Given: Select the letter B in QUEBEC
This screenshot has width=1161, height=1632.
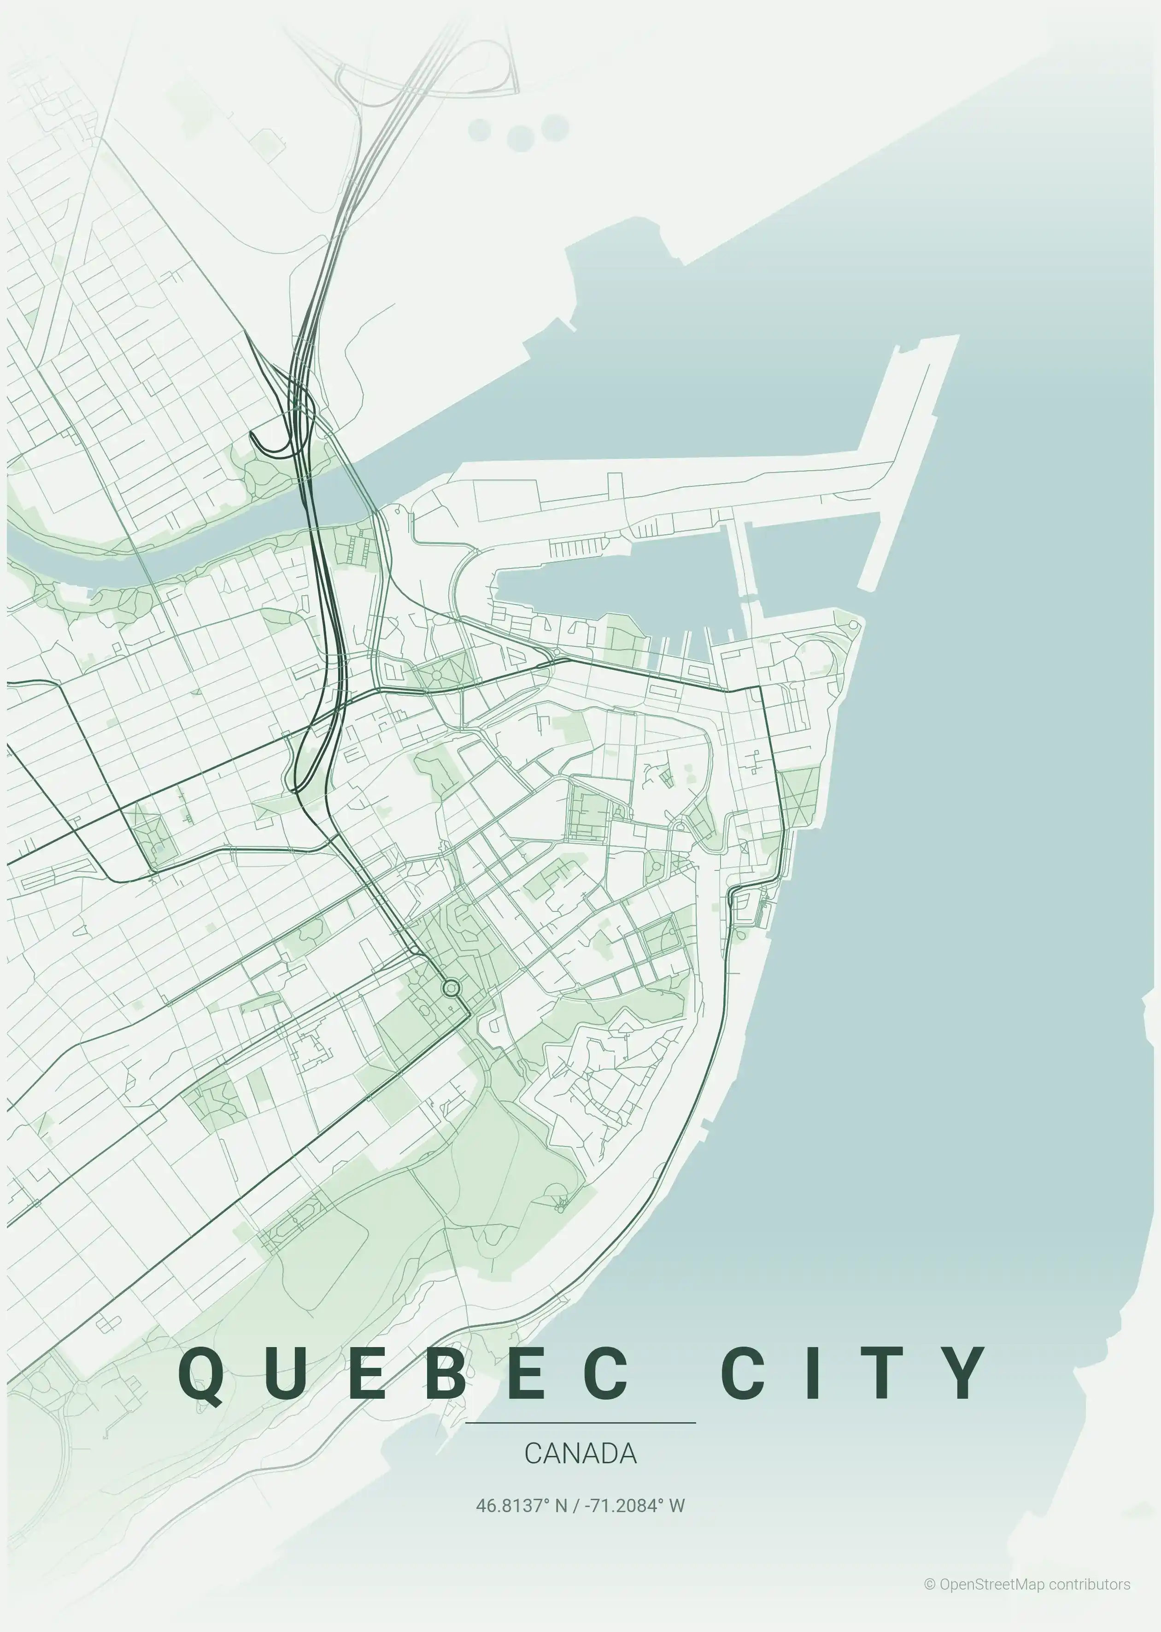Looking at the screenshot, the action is pos(450,1373).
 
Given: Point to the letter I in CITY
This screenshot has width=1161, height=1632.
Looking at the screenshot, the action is pos(812,1373).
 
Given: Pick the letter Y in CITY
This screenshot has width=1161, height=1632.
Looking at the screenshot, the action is pos(962,1373).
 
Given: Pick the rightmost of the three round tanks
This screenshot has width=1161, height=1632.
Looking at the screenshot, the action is pos(555,128).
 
